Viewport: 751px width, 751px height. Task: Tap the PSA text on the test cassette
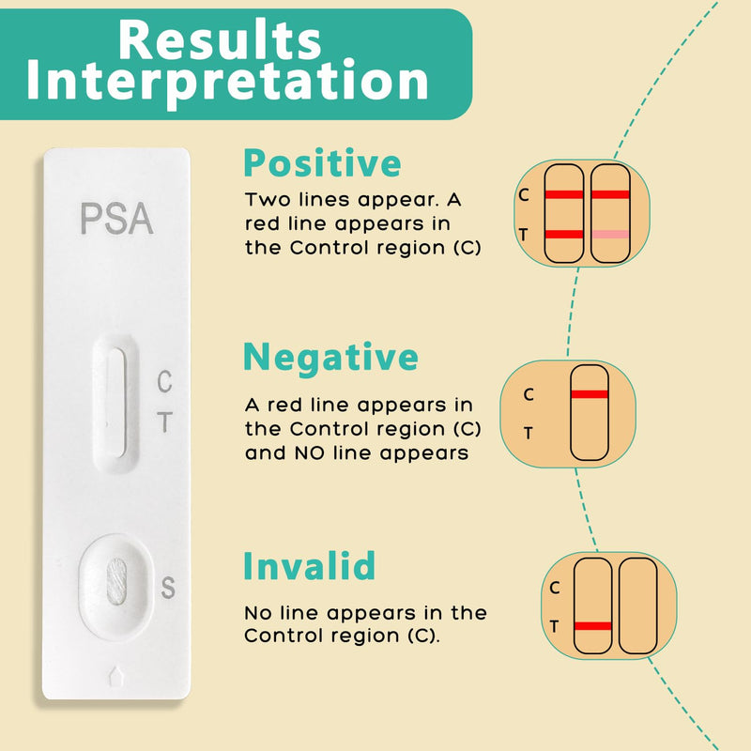click(x=115, y=219)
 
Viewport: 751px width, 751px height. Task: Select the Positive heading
click(x=322, y=164)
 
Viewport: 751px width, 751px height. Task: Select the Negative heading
click(x=330, y=358)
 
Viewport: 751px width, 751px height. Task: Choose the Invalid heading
click(x=309, y=566)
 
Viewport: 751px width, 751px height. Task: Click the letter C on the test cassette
click(x=164, y=382)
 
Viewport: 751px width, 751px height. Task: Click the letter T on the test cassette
click(x=164, y=423)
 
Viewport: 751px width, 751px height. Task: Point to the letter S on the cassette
click(x=168, y=589)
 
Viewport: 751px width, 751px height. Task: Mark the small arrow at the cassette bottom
click(x=115, y=675)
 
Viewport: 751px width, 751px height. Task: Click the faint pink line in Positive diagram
click(x=610, y=234)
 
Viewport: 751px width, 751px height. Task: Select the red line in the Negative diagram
click(x=590, y=393)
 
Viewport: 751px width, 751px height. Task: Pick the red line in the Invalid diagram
click(x=592, y=625)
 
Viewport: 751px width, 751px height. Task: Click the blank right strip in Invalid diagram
click(x=638, y=606)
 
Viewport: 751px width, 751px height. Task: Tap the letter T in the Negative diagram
click(x=528, y=433)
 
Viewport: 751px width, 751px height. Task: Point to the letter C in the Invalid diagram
click(x=554, y=589)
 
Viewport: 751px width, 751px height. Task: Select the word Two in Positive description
click(x=265, y=200)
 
